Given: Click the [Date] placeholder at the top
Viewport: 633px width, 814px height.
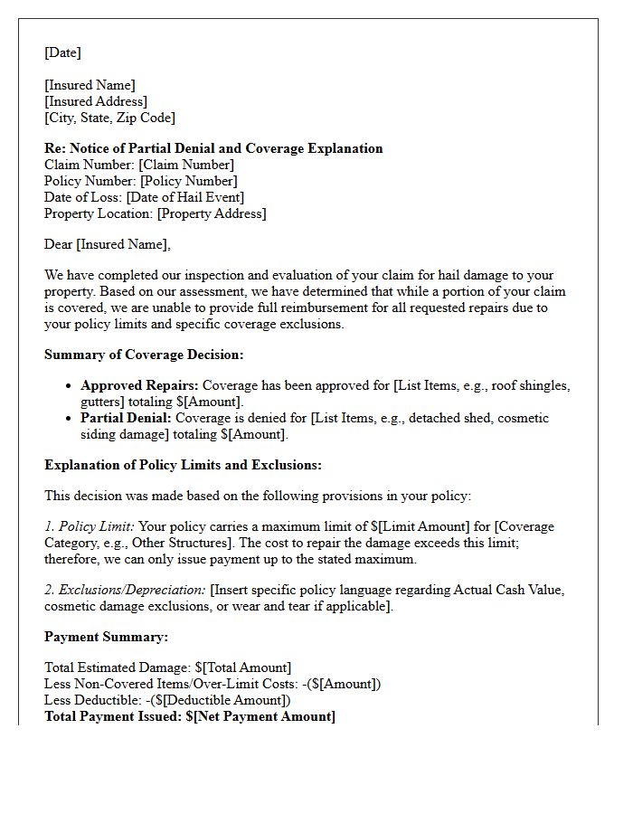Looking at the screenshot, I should pyautogui.click(x=62, y=52).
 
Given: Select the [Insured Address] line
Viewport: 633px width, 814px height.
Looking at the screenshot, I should pyautogui.click(x=96, y=101).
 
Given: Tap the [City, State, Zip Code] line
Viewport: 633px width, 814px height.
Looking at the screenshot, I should pyautogui.click(x=109, y=118).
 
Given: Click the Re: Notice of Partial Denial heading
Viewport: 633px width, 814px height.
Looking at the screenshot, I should pyautogui.click(x=213, y=148).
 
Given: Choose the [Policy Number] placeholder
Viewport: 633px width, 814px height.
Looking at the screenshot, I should pyautogui.click(x=188, y=181).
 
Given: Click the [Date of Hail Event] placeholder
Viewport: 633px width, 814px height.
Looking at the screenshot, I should pyautogui.click(x=184, y=197).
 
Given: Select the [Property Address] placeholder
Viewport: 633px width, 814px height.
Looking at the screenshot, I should pyautogui.click(x=212, y=213).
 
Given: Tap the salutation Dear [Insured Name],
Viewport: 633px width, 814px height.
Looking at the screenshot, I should pyautogui.click(x=107, y=244).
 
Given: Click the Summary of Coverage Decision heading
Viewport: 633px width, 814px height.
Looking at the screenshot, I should pyautogui.click(x=144, y=355).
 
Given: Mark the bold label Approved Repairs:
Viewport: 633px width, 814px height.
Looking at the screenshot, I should pyautogui.click(x=139, y=385).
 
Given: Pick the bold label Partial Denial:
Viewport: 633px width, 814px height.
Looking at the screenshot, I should pyautogui.click(x=126, y=418).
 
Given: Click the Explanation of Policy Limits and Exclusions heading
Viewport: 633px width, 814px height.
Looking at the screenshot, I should pyautogui.click(x=183, y=465).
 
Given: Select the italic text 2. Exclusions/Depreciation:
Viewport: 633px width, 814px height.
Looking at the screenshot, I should pyautogui.click(x=125, y=590).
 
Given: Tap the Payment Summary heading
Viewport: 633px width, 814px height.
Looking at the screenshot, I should pyautogui.click(x=106, y=637).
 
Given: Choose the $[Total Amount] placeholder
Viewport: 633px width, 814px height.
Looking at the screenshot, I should pyautogui.click(x=241, y=667).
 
